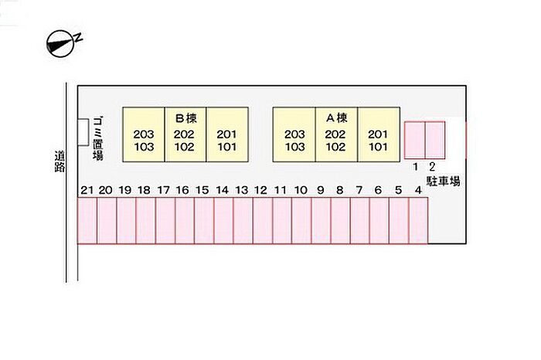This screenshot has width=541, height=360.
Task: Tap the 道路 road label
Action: [x=60, y=161]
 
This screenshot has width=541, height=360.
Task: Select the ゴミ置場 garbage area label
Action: [x=98, y=138]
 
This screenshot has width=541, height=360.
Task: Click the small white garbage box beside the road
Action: [x=83, y=132]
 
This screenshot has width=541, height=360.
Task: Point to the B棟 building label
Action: [x=186, y=118]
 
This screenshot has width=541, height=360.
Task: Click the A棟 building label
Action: [x=337, y=118]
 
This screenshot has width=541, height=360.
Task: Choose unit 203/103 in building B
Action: [x=144, y=134]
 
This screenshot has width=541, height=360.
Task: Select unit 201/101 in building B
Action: [x=227, y=134]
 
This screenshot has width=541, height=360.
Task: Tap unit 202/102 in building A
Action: [x=336, y=134]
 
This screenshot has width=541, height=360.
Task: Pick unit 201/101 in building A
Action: [x=379, y=134]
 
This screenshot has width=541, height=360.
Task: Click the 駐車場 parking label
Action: [x=443, y=181]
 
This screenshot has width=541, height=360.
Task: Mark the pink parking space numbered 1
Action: [x=415, y=141]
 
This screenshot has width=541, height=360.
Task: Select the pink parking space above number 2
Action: [x=435, y=141]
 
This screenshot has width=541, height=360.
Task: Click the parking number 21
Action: [x=87, y=190]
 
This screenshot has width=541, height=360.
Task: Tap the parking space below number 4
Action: [x=419, y=221]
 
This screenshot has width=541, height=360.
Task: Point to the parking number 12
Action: [x=260, y=190]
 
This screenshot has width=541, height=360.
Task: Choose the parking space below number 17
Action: [x=165, y=221]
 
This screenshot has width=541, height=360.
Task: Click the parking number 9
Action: [x=321, y=190]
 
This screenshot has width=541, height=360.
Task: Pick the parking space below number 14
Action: [x=223, y=221]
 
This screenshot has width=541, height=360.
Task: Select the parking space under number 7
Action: [x=360, y=221]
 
